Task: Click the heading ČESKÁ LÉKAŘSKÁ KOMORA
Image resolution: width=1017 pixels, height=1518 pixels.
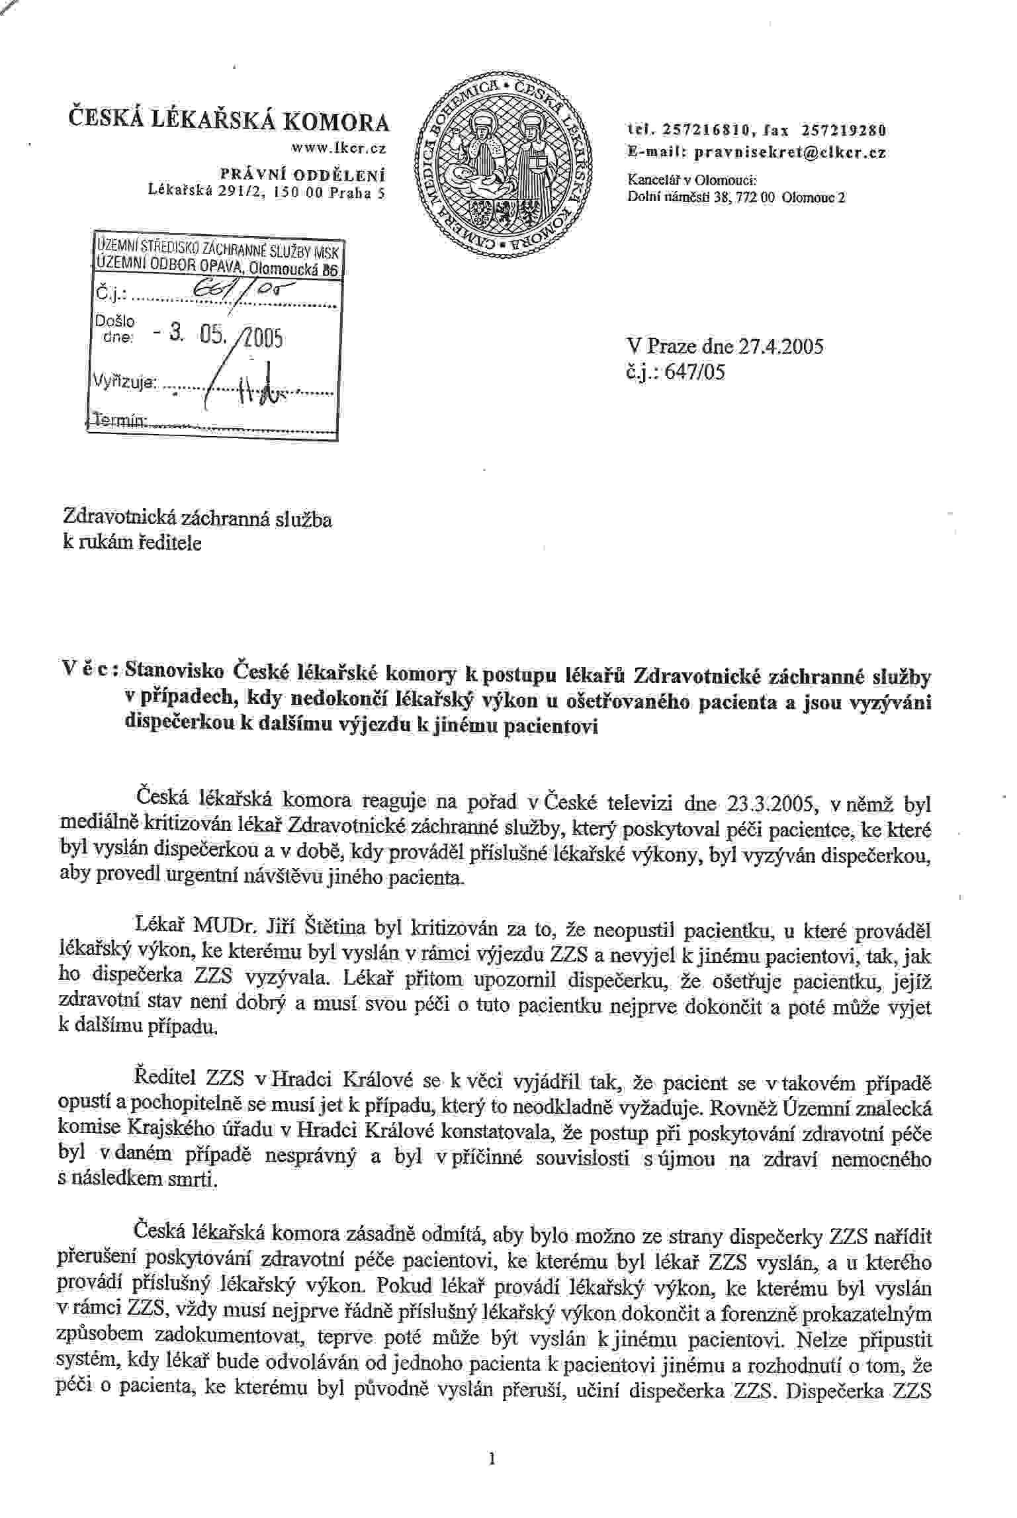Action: coord(229,124)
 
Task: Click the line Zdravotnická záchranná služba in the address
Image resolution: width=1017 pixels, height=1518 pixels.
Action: coord(197,519)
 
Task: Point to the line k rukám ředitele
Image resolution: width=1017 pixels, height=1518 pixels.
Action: coord(132,543)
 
